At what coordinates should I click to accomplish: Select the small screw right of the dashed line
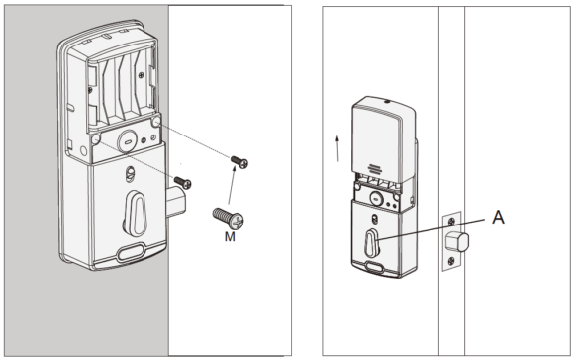pyautogui.click(x=238, y=160)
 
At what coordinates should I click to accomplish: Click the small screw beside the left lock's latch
pyautogui.click(x=182, y=181)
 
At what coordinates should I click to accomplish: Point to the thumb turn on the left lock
pyautogui.click(x=137, y=212)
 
